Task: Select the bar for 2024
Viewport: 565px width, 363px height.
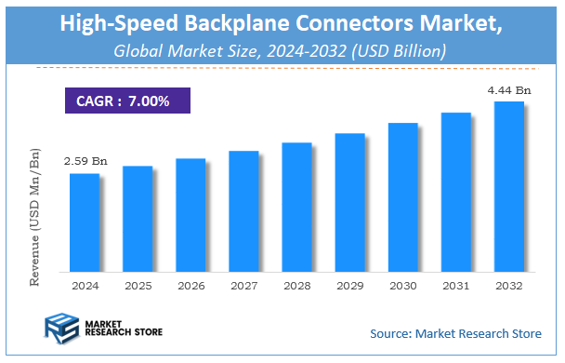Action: point(84,222)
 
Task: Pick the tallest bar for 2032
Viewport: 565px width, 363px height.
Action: point(508,186)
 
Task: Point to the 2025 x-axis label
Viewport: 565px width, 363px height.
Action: point(137,286)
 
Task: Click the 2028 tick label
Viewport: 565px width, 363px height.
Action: point(296,286)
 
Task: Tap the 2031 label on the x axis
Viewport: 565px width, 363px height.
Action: point(455,286)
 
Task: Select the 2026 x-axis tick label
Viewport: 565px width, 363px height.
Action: point(190,286)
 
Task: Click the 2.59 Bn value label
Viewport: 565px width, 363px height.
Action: point(85,161)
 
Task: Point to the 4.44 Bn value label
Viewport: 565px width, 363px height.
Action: point(509,89)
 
